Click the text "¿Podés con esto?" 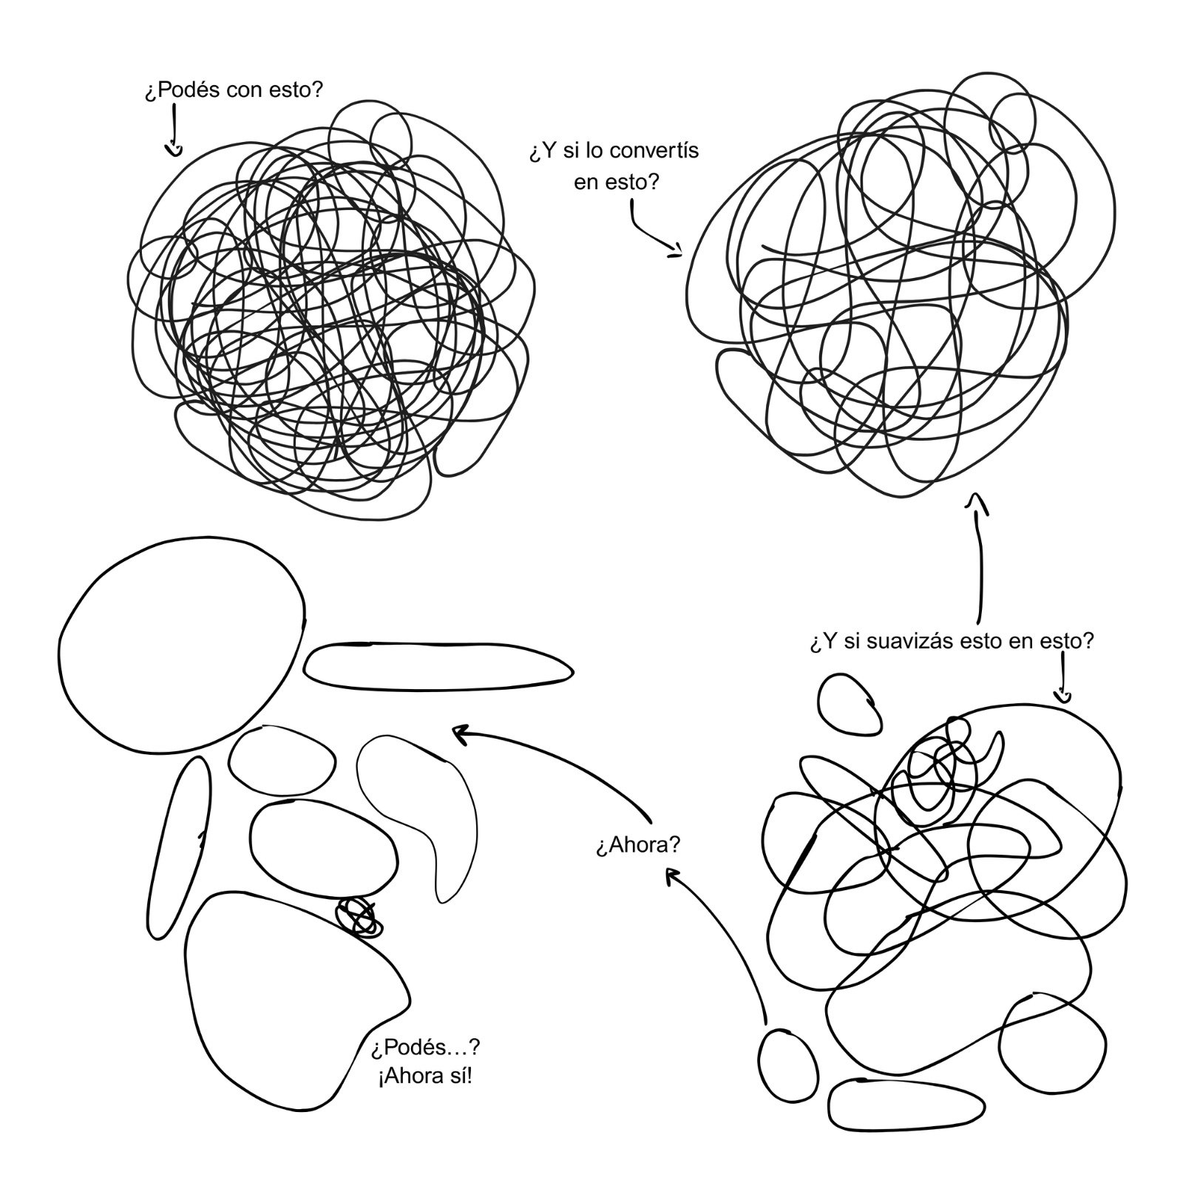(x=234, y=90)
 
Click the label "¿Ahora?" (x=637, y=845)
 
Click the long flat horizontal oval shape (x=438, y=667)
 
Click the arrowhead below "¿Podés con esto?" (x=174, y=151)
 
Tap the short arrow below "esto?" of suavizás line (x=1063, y=696)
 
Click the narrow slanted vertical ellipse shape (x=179, y=847)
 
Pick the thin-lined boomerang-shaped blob (x=436, y=813)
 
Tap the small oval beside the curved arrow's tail (x=788, y=1065)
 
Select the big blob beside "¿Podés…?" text (x=281, y=998)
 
